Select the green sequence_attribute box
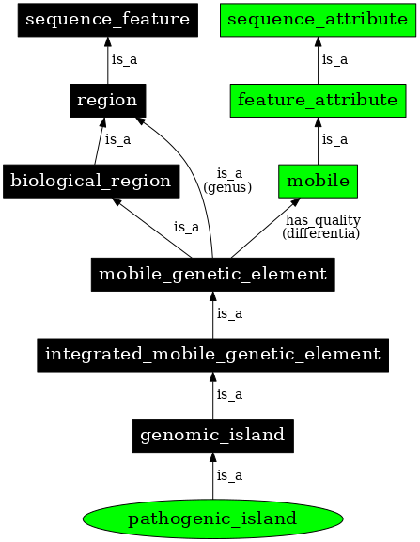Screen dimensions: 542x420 pyautogui.click(x=317, y=19)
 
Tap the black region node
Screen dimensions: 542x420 pyautogui.click(x=106, y=100)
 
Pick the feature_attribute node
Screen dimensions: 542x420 pyautogui.click(x=317, y=100)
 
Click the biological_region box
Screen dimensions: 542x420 pyautogui.click(x=91, y=181)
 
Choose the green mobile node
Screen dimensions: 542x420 pyautogui.click(x=317, y=181)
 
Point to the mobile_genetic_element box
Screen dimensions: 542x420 pyautogui.click(x=212, y=275)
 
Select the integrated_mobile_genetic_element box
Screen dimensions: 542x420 pyautogui.click(x=212, y=355)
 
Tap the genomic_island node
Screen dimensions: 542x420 pyautogui.click(x=212, y=436)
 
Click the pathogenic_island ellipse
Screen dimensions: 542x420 pyautogui.click(x=212, y=518)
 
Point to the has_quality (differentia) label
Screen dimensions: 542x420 pyautogui.click(x=321, y=226)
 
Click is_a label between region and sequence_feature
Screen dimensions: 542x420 pyautogui.click(x=124, y=59)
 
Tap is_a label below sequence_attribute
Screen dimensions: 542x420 pyautogui.click(x=334, y=59)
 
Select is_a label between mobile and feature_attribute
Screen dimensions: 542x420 pyautogui.click(x=334, y=140)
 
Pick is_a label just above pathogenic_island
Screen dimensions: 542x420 pyautogui.click(x=230, y=476)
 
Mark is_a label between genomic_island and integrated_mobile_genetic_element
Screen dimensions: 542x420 pyautogui.click(x=230, y=395)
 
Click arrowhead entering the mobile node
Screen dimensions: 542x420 pyautogui.click(x=296, y=201)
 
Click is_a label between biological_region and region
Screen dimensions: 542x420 pyautogui.click(x=117, y=140)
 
